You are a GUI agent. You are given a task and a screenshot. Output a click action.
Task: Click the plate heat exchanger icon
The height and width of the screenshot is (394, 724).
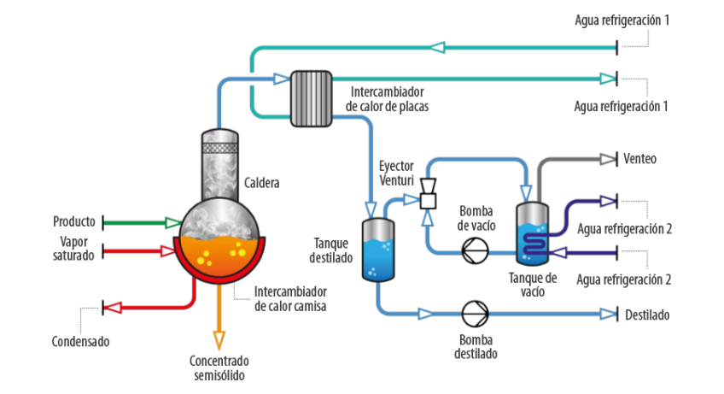[x=311, y=98]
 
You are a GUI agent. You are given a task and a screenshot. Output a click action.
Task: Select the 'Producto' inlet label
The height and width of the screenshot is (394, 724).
[x=74, y=221]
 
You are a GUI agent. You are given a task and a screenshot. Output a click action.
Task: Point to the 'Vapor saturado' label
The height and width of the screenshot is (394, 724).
[x=72, y=249]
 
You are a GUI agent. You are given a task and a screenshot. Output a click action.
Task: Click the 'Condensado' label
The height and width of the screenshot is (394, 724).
[x=80, y=341]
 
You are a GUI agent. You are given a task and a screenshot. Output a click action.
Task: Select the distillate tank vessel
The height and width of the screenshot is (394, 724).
[x=378, y=250]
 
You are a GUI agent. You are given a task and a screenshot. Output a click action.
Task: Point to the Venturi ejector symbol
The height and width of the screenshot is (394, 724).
[x=429, y=192]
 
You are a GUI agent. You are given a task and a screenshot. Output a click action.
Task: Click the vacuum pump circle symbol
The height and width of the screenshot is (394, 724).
[x=475, y=250]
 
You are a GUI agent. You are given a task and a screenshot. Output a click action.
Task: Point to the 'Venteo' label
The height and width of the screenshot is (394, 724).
[x=639, y=159]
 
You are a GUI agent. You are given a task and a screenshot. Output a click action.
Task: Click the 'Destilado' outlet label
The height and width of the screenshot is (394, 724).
[x=646, y=315]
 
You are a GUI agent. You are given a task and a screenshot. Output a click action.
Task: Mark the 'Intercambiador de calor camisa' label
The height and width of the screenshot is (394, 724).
[x=290, y=298]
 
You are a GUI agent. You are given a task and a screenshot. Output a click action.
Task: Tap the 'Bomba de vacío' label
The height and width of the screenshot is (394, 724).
[x=476, y=218]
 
